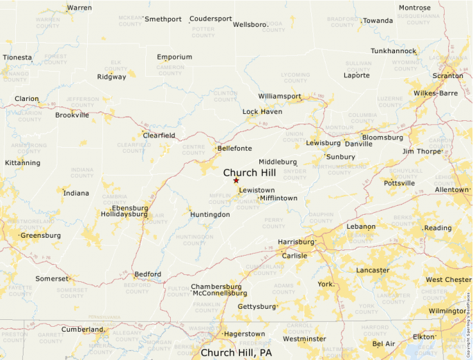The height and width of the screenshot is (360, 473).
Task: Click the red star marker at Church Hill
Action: tap(236, 180)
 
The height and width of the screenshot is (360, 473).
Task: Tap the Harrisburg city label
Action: tap(295, 242)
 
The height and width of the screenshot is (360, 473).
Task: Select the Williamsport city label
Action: tap(279, 96)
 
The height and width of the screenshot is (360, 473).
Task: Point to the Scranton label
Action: tap(448, 75)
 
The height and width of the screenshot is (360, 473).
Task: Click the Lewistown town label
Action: tap(257, 190)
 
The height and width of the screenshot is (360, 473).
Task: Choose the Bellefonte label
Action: tap(234, 148)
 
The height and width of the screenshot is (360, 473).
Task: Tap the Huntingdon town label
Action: tap(210, 214)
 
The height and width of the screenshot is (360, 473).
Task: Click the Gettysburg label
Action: tap(256, 306)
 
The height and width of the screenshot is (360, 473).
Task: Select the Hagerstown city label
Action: tap(244, 334)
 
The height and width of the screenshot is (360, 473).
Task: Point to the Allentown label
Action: tap(452, 189)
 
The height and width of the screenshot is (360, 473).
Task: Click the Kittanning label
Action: tap(22, 163)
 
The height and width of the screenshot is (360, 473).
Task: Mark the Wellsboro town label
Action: tap(250, 24)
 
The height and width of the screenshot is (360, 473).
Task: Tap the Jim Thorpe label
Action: tap(421, 151)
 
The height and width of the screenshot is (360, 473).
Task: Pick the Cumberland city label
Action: tap(82, 330)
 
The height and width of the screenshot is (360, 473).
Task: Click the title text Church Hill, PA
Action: tap(236, 352)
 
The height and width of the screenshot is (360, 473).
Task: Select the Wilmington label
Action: tap(447, 311)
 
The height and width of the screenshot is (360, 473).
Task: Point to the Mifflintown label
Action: tap(279, 198)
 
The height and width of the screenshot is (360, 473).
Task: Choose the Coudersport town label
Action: tap(210, 19)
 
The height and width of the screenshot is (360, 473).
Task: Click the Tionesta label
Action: tap(17, 57)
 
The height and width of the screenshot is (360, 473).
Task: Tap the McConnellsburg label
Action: tap(219, 293)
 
